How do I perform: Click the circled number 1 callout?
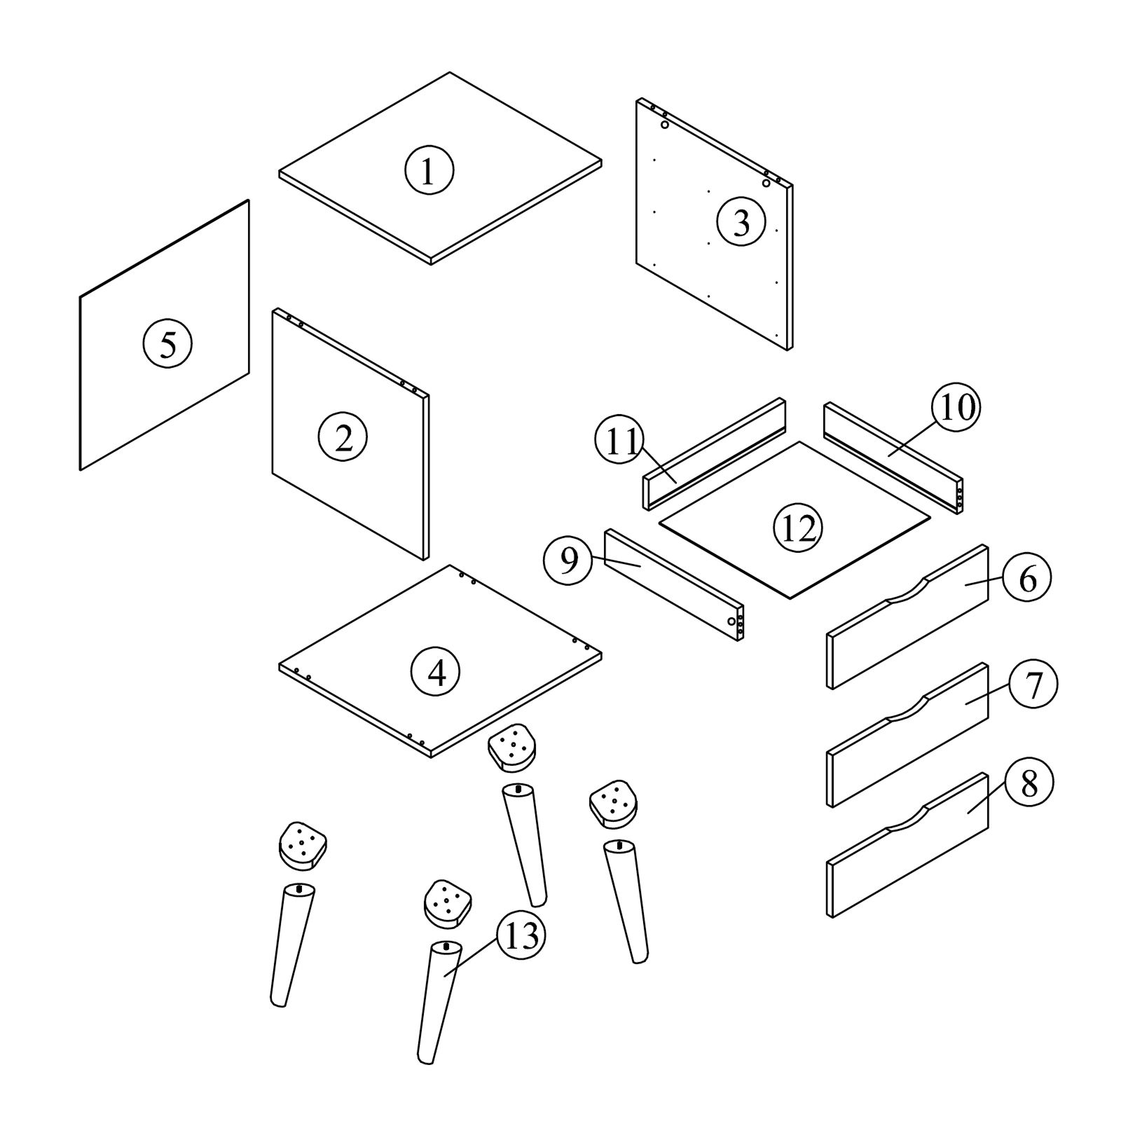[429, 170]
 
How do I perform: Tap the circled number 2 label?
[343, 438]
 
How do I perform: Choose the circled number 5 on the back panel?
[167, 343]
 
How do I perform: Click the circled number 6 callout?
[1027, 578]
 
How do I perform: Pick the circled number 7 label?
[1033, 685]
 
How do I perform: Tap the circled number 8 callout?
[1029, 785]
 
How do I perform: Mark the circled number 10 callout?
[956, 408]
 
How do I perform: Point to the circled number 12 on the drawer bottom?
[798, 528]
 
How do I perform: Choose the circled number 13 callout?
[521, 937]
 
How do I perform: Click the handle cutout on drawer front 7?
[908, 709]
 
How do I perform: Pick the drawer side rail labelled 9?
[673, 585]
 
